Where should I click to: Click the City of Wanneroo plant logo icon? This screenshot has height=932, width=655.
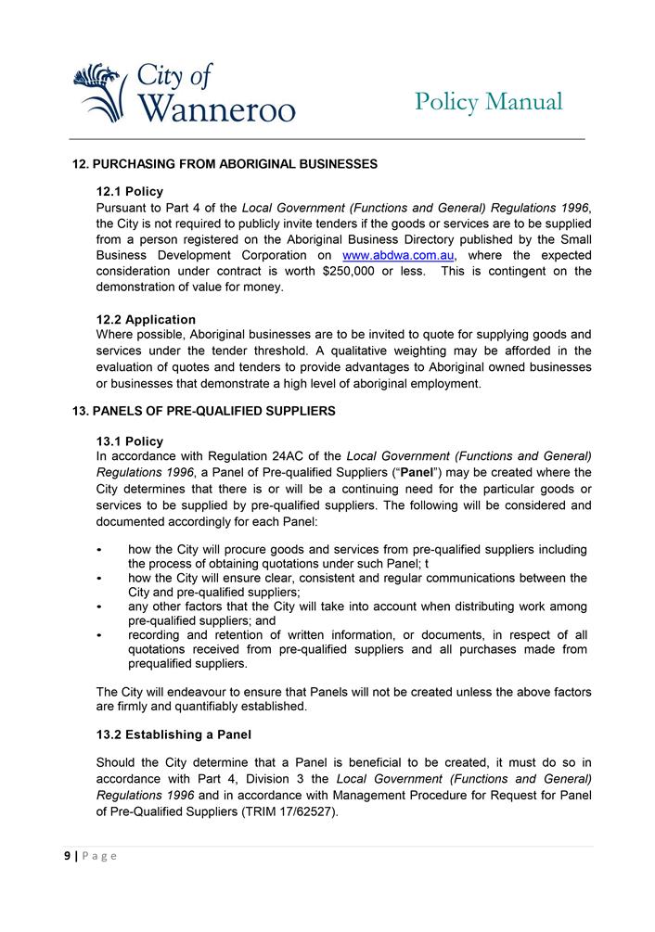(97, 92)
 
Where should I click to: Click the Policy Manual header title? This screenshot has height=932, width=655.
(488, 101)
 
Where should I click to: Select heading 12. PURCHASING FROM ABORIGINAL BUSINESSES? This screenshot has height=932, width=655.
(225, 164)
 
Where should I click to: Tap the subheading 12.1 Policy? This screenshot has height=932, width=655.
(129, 192)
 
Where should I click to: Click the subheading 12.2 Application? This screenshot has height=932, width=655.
(146, 319)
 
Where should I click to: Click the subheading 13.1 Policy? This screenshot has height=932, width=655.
(129, 440)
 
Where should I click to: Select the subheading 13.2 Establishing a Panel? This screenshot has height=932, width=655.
(173, 734)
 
